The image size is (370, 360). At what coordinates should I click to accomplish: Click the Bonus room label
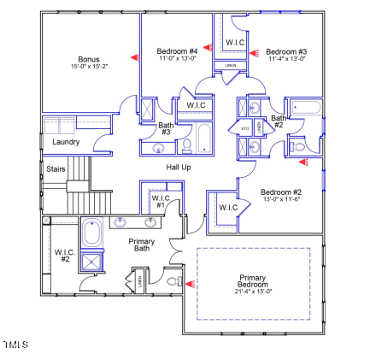(89, 59)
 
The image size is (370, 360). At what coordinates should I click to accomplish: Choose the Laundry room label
(66, 142)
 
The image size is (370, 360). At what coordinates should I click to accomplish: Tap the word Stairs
(56, 169)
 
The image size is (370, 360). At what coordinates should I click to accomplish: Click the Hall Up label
(179, 167)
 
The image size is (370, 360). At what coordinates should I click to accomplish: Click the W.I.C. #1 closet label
(161, 202)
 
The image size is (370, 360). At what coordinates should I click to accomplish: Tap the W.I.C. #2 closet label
(62, 255)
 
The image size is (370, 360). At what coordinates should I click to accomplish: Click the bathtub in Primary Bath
(92, 233)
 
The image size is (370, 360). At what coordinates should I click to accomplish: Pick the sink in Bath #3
(159, 148)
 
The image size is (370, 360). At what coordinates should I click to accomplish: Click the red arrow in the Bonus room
(133, 57)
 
